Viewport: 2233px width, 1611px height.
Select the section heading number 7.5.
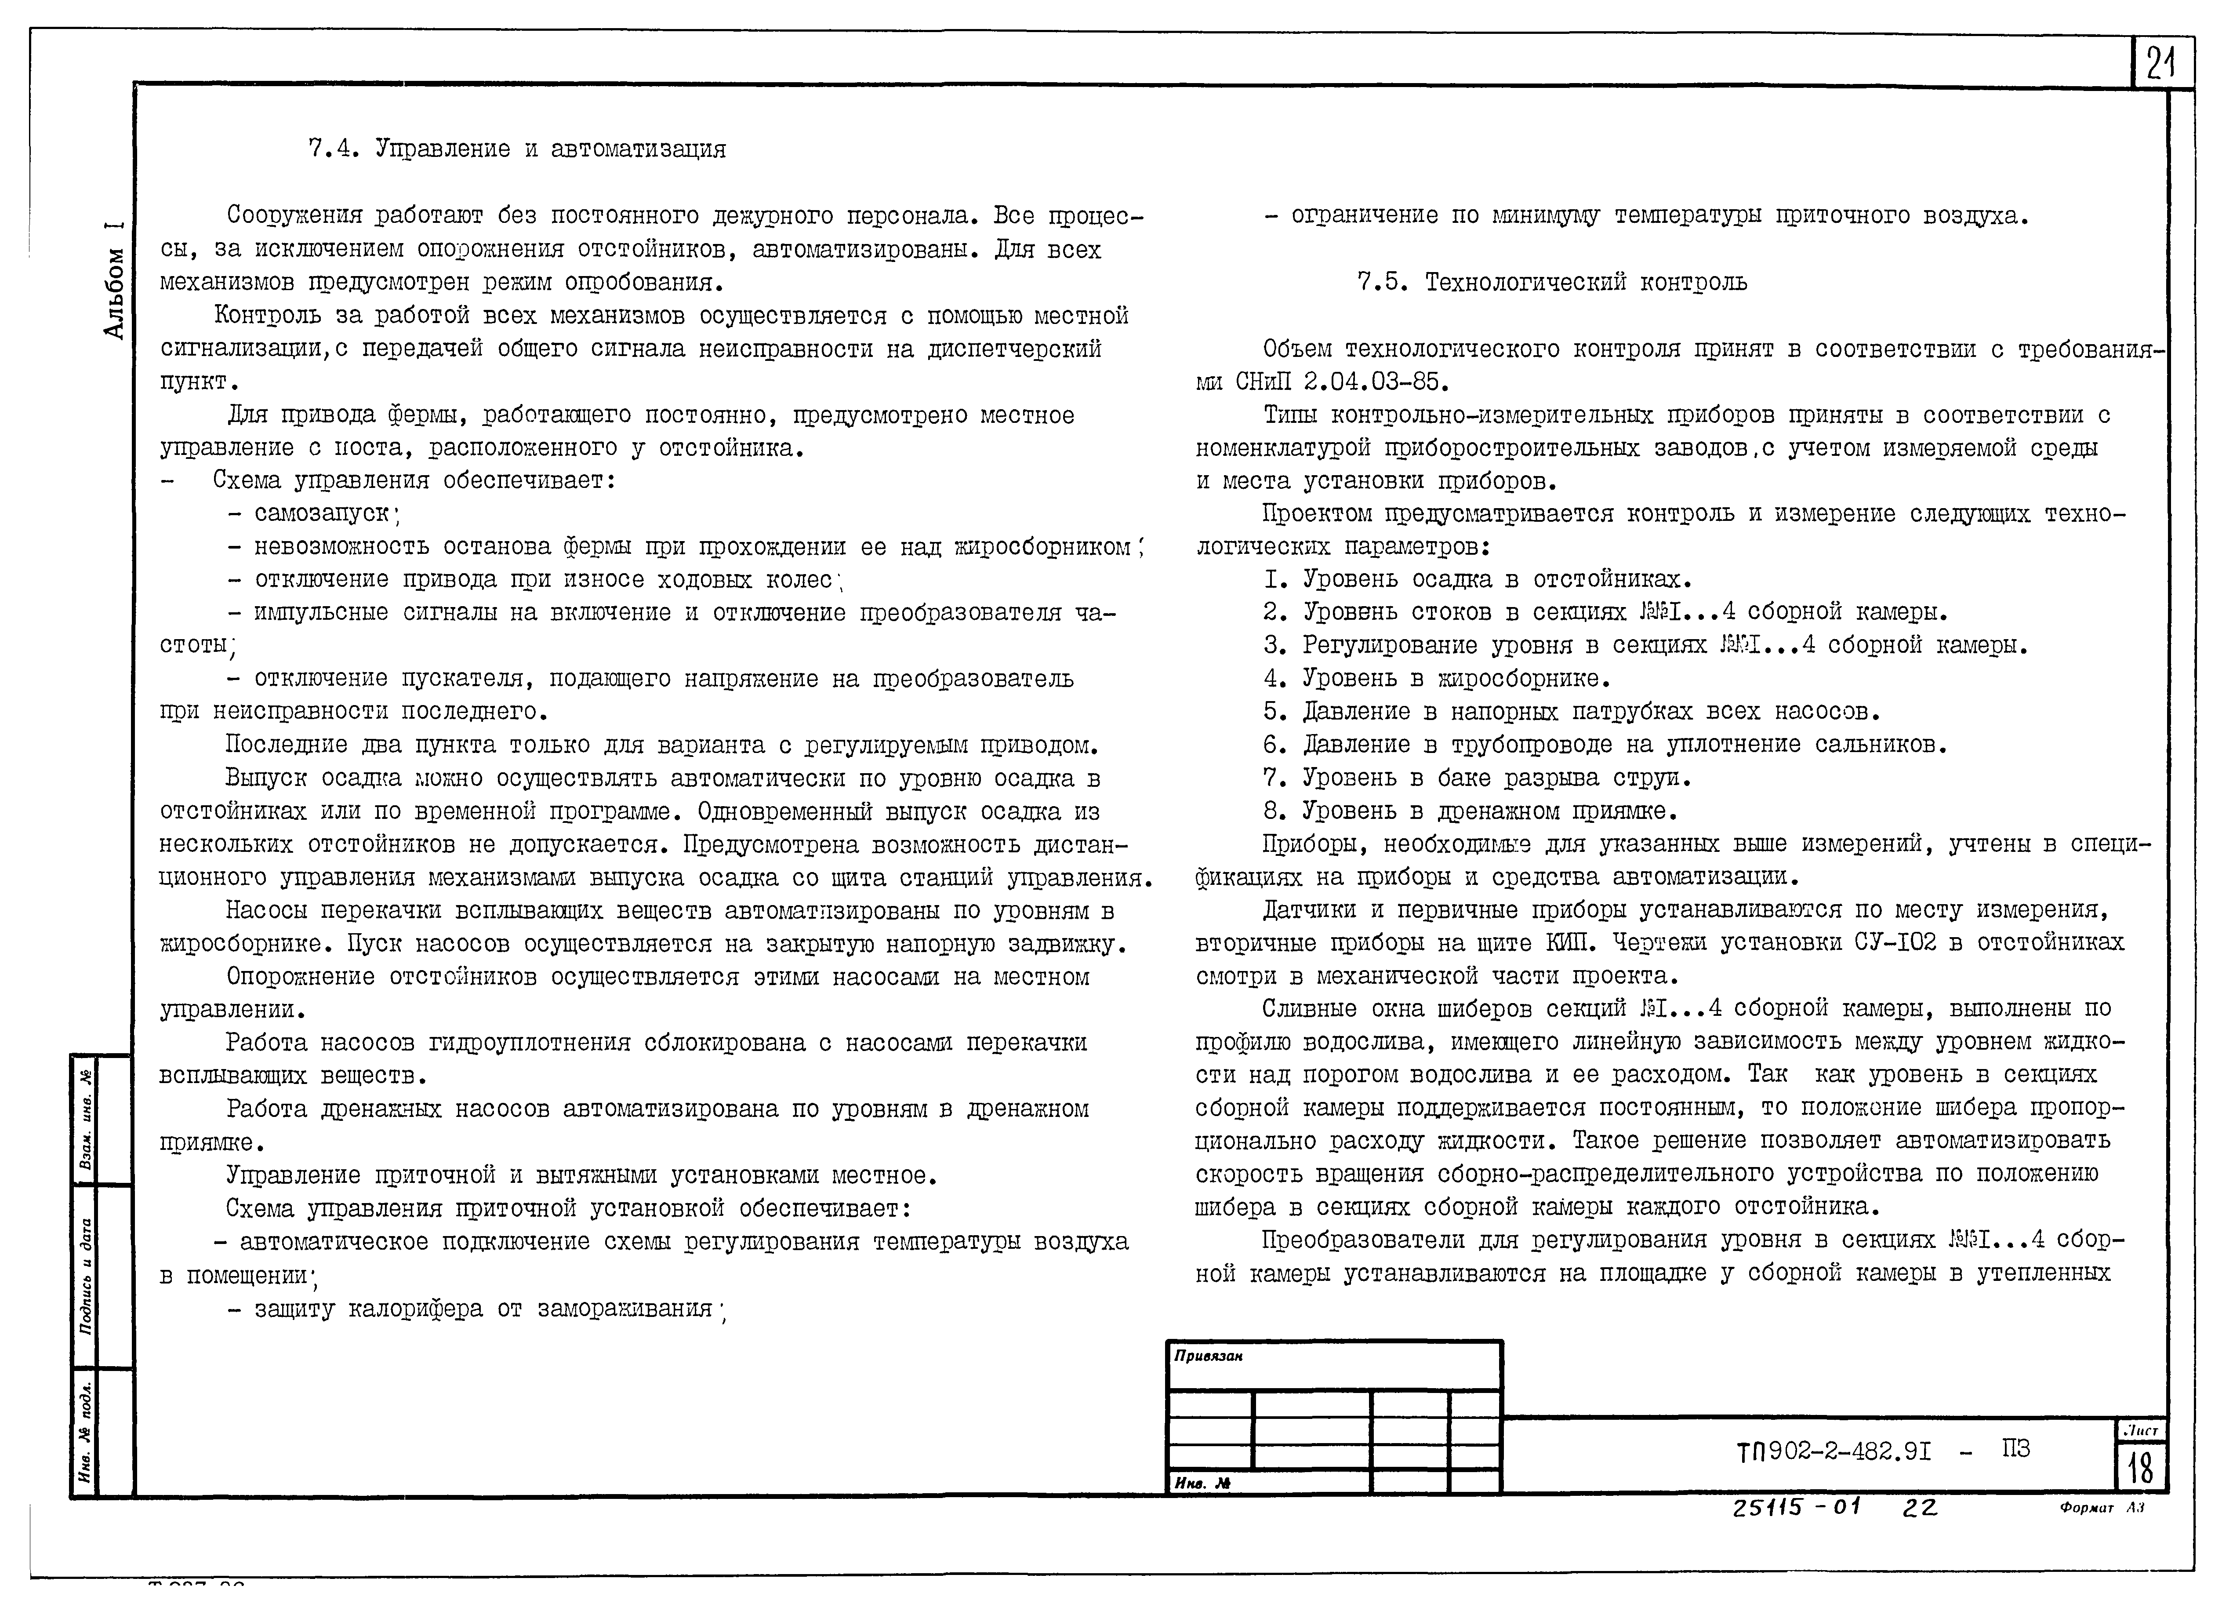coord(1378,283)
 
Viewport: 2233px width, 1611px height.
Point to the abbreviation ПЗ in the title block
coord(2015,1448)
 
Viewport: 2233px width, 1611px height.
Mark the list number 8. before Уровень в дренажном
coord(1276,811)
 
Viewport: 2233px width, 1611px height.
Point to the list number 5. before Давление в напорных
coord(1276,711)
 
